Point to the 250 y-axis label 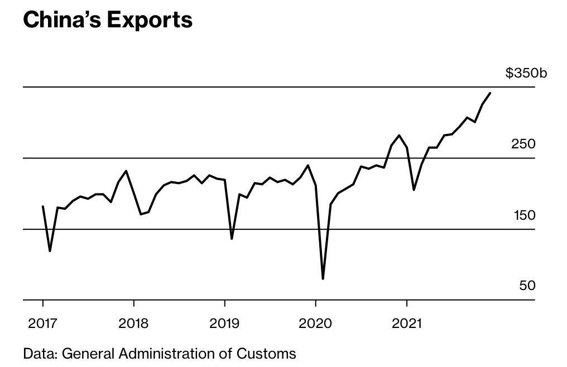[x=523, y=144]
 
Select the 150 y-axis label [x=523, y=215]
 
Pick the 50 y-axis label [x=527, y=286]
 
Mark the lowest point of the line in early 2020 [x=323, y=278]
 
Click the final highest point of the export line [x=490, y=93]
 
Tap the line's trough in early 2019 [x=232, y=239]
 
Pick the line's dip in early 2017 [x=50, y=251]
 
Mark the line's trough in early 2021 [x=414, y=190]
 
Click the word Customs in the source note [x=270, y=353]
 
